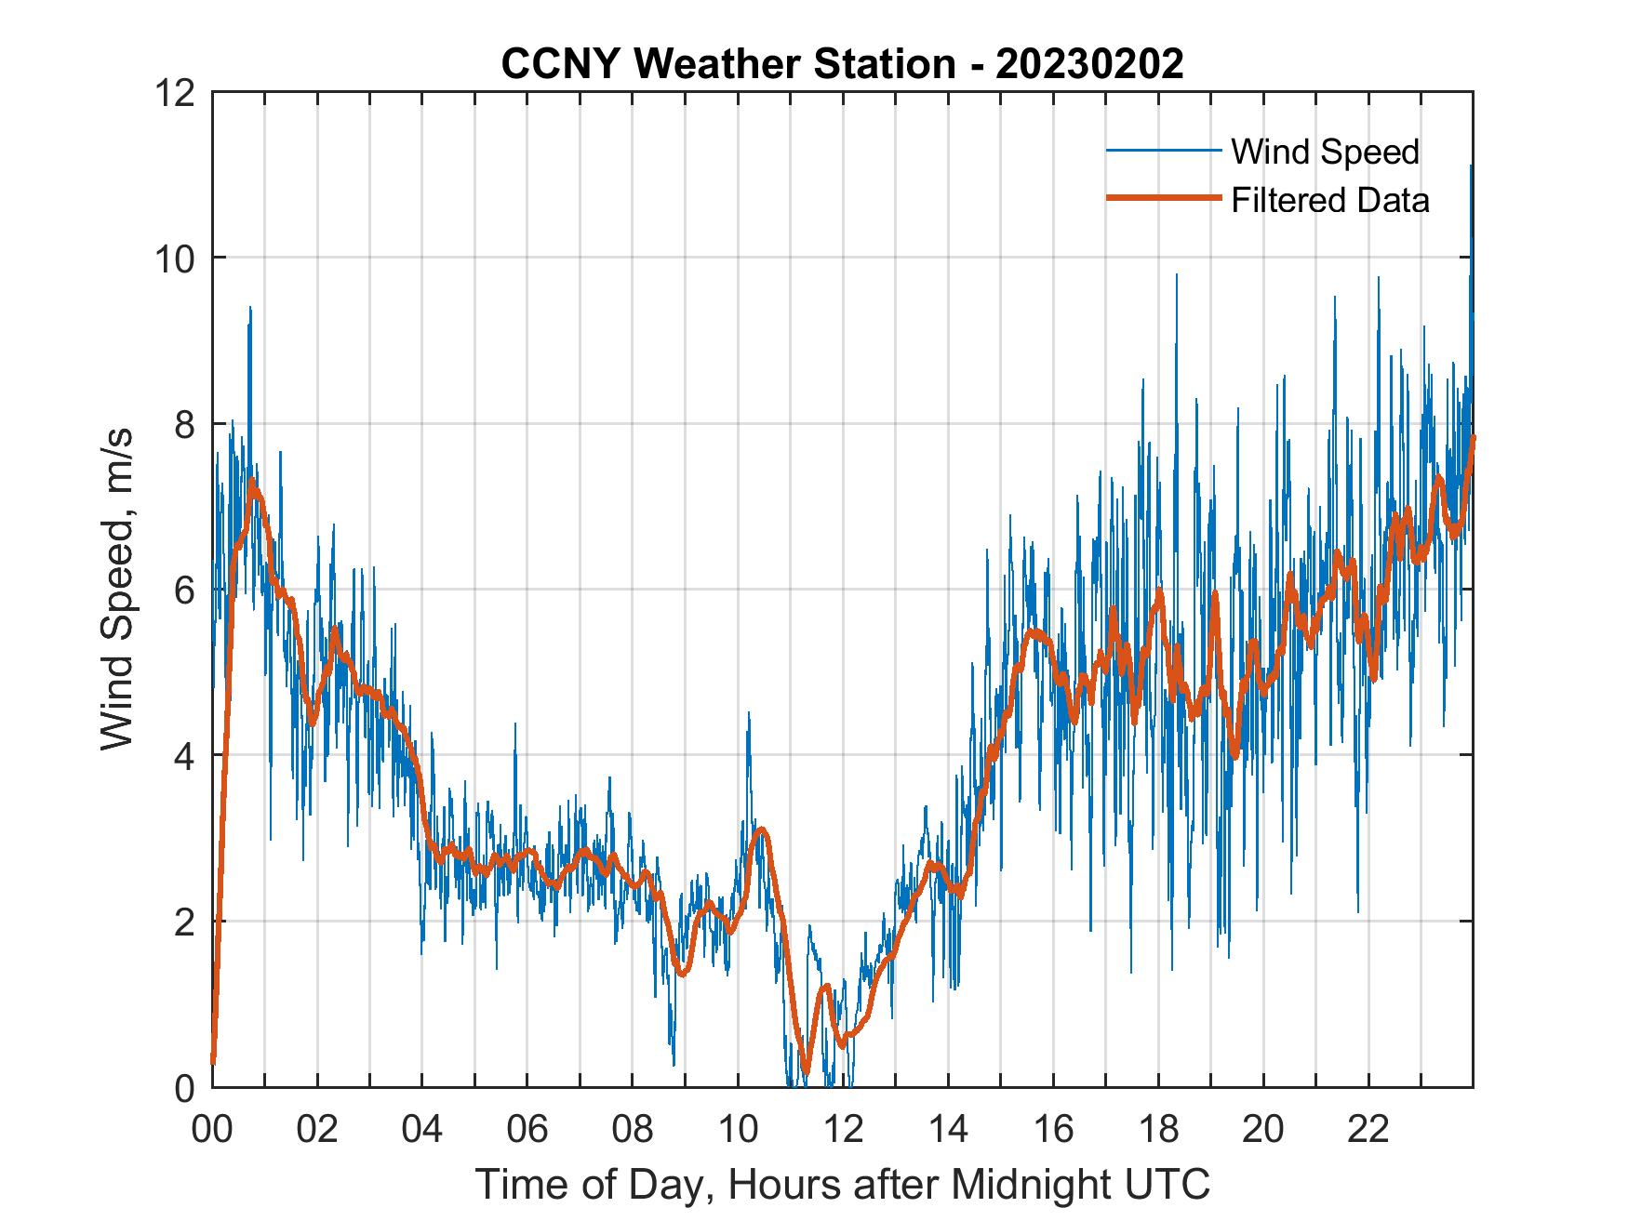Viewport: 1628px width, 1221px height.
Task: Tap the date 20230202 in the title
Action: tap(1089, 64)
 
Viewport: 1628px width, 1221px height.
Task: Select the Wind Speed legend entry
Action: tap(1325, 152)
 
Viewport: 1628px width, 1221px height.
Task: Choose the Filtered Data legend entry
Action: tap(1329, 200)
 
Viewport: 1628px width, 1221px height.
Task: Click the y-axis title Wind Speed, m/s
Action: tap(117, 589)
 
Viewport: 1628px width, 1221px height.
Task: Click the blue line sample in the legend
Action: tap(1163, 151)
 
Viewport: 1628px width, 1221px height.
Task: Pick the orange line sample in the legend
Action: tap(1163, 199)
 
